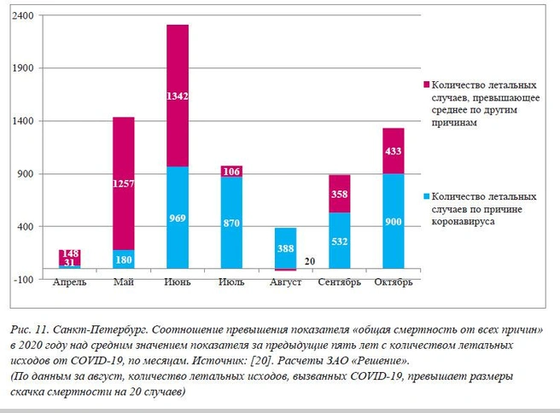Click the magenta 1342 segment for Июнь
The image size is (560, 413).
(x=178, y=96)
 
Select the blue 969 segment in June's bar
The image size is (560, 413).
(x=178, y=218)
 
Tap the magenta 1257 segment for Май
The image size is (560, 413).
(x=124, y=183)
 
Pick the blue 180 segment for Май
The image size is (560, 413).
(x=124, y=259)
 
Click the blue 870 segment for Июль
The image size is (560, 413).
(x=231, y=223)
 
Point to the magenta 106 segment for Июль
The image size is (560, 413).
(x=231, y=172)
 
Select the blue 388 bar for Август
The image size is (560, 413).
(x=285, y=248)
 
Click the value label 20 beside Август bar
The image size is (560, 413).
(x=310, y=261)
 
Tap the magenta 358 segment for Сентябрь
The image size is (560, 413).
(x=339, y=194)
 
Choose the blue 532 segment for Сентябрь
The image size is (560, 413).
(x=339, y=241)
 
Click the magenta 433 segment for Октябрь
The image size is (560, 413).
(x=394, y=151)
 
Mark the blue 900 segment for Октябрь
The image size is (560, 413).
(x=394, y=221)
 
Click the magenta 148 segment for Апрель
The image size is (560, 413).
(x=70, y=258)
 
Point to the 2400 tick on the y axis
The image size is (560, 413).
(x=22, y=15)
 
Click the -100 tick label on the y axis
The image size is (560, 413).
(x=24, y=280)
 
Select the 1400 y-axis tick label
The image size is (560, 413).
(x=22, y=121)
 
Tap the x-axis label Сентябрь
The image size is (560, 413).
(x=339, y=282)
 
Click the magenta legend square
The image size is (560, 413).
(x=427, y=84)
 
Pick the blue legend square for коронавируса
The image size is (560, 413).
(x=427, y=196)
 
